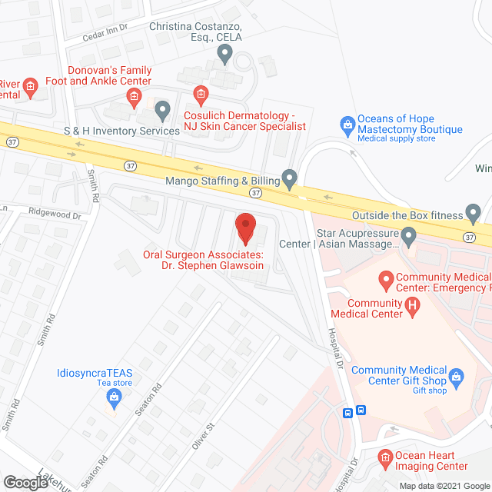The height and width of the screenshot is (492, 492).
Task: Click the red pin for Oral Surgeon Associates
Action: (x=244, y=228)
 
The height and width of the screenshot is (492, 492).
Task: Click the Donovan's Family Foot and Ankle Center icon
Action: (x=134, y=95)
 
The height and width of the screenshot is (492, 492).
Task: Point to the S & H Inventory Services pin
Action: (x=162, y=111)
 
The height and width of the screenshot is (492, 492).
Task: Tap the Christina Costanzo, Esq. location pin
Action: (x=224, y=53)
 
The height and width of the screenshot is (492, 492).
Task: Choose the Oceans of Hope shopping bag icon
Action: (x=347, y=123)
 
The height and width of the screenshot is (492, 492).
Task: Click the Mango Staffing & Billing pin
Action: (x=289, y=178)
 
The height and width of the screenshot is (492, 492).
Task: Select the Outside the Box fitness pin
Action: (x=473, y=211)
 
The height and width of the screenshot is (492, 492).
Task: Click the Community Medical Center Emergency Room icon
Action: (x=384, y=278)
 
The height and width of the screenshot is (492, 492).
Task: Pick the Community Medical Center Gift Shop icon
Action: (x=457, y=377)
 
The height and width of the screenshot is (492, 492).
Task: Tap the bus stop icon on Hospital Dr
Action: (x=355, y=411)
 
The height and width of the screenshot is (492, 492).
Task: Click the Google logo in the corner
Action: (x=25, y=482)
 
